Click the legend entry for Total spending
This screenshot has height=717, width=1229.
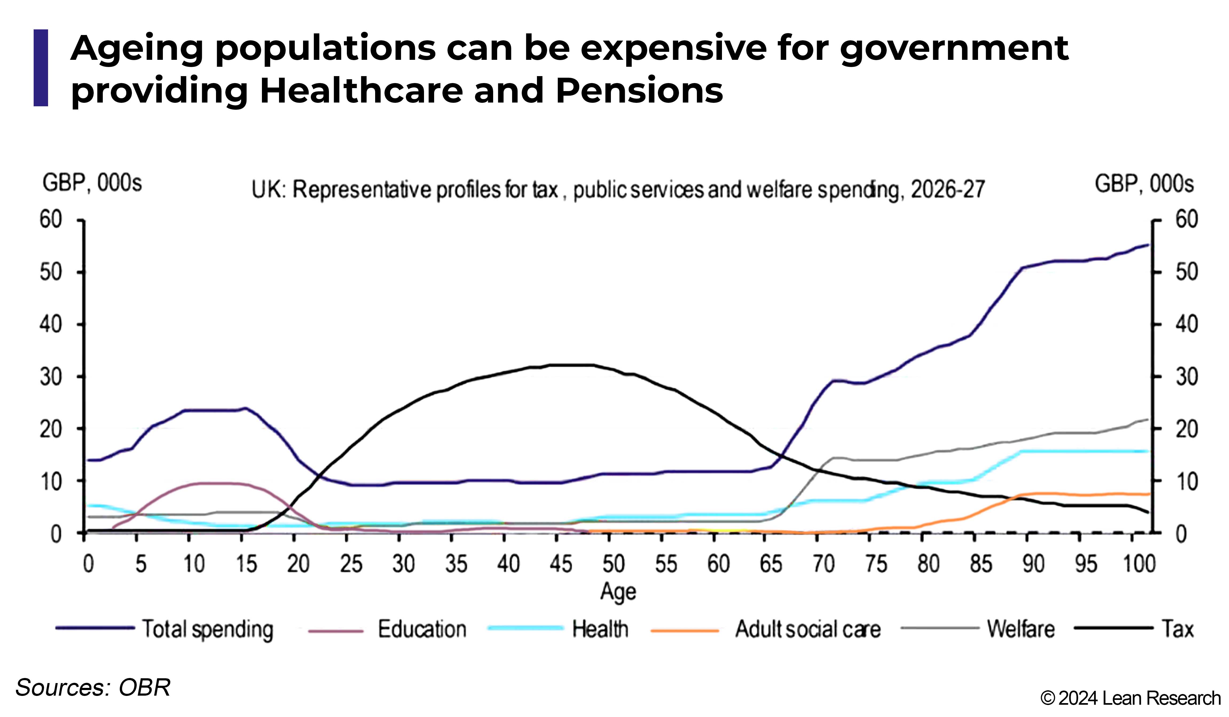click(x=164, y=629)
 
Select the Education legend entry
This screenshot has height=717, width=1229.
click(x=388, y=629)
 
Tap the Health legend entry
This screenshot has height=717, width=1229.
click(x=558, y=629)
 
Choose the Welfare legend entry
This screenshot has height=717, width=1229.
click(x=978, y=629)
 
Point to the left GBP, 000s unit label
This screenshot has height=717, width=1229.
click(x=92, y=183)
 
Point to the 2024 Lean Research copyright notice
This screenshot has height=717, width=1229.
click(x=1130, y=698)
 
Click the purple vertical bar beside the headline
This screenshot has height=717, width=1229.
click(x=41, y=68)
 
